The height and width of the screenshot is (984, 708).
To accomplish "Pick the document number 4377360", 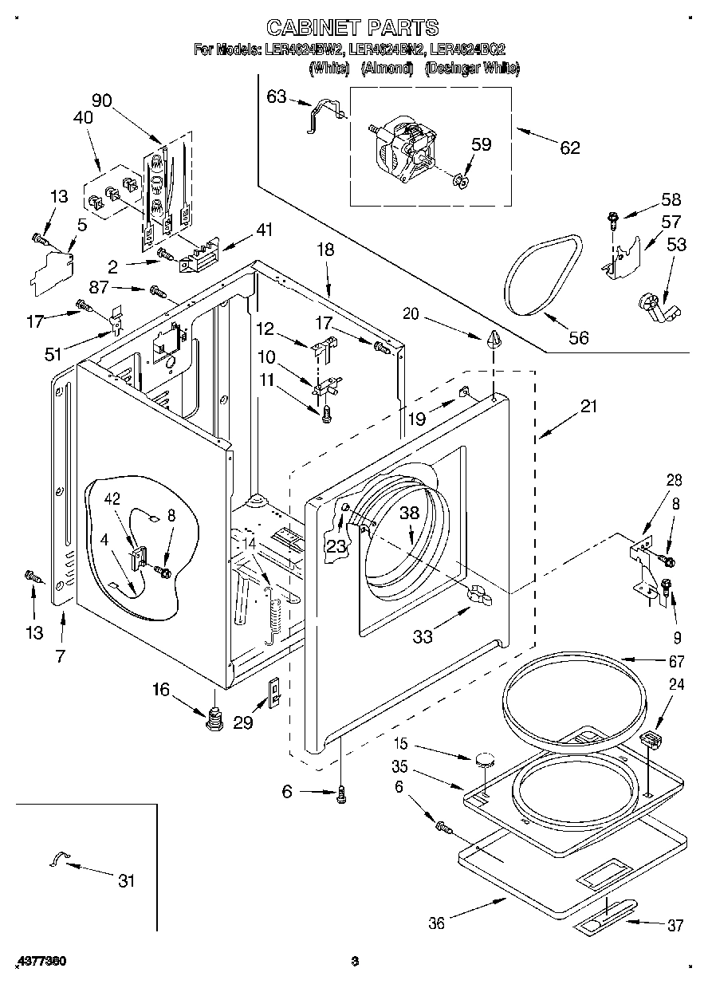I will [x=39, y=962].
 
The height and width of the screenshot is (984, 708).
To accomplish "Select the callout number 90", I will [x=101, y=100].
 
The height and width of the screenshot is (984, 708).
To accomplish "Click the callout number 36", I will [x=437, y=923].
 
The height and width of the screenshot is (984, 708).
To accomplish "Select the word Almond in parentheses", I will [x=387, y=69].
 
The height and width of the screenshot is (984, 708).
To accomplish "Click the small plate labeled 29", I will [x=273, y=691].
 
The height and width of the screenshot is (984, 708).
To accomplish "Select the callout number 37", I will [x=675, y=925].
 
